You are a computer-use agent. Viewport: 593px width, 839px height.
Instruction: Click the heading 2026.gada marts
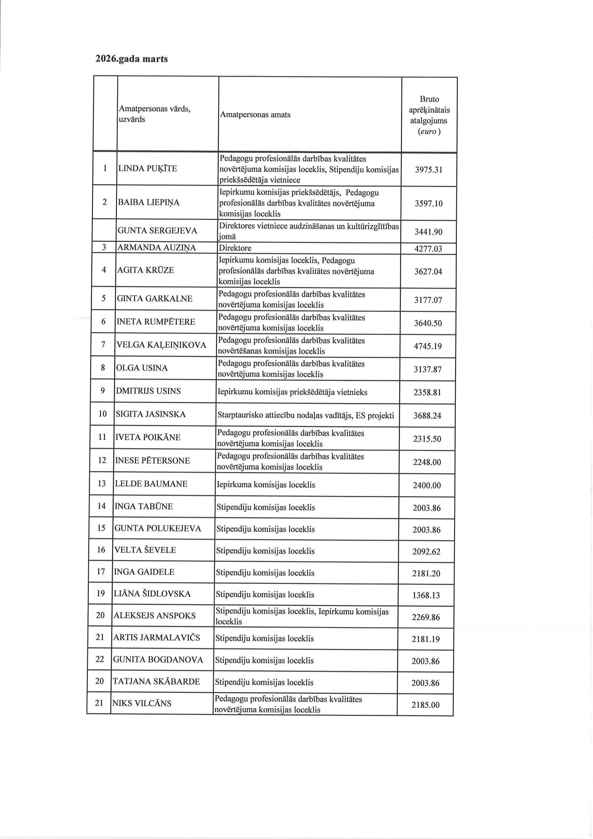(x=131, y=59)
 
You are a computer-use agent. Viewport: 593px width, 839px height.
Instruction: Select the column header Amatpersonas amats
(x=255, y=115)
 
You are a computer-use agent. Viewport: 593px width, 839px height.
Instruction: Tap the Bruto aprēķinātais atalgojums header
(x=429, y=115)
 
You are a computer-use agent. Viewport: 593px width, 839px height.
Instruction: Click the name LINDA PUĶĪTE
(x=147, y=168)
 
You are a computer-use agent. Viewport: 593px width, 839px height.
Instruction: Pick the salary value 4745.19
(x=428, y=346)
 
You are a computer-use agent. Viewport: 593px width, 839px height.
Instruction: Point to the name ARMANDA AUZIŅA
(x=156, y=248)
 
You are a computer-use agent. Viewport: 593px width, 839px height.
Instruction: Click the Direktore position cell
(x=235, y=248)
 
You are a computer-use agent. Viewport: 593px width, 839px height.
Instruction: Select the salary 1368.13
(x=426, y=595)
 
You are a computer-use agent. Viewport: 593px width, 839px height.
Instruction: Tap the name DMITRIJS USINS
(x=148, y=391)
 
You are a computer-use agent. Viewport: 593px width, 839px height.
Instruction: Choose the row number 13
(x=102, y=483)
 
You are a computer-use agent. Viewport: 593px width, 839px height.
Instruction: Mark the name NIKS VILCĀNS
(x=142, y=703)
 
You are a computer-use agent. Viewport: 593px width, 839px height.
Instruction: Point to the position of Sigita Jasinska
(x=306, y=415)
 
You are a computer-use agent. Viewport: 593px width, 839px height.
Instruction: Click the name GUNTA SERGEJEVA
(x=157, y=231)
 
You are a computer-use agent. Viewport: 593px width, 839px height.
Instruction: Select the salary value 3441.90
(x=428, y=232)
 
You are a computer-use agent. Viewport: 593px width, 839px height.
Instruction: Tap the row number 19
(x=101, y=594)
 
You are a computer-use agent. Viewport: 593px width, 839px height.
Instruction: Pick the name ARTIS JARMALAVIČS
(x=156, y=637)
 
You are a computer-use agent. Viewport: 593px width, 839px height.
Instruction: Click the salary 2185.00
(x=425, y=705)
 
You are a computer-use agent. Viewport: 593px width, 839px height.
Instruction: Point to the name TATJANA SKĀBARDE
(x=156, y=681)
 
